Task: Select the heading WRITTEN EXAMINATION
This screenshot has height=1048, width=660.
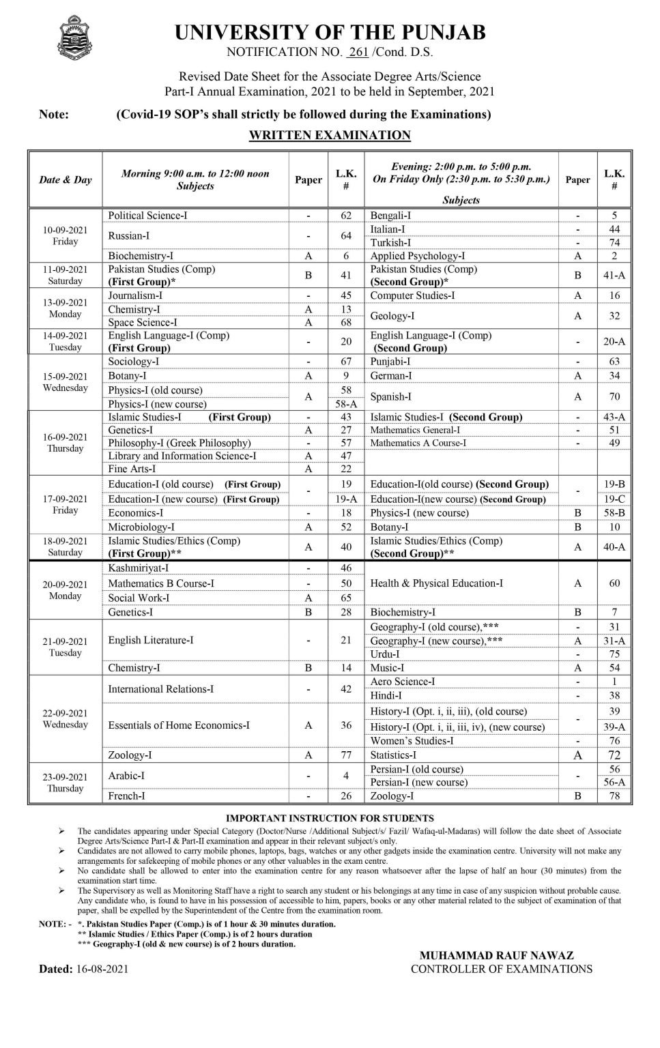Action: (x=330, y=135)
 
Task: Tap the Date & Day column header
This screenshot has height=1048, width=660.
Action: (x=66, y=180)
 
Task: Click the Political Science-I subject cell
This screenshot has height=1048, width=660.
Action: (x=147, y=216)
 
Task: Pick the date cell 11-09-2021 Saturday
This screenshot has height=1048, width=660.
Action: (x=66, y=275)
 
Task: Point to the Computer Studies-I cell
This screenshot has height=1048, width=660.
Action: (x=412, y=295)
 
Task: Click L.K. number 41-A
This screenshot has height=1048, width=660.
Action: (x=614, y=275)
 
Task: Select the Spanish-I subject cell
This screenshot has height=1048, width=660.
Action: (x=391, y=396)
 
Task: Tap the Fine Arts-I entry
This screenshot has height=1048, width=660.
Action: (x=132, y=469)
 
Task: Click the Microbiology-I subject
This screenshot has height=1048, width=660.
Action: (x=141, y=527)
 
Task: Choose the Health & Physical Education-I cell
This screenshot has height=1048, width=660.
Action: (x=437, y=583)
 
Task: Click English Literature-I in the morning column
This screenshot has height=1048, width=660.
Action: (x=151, y=640)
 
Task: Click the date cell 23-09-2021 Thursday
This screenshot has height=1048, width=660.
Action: (x=66, y=782)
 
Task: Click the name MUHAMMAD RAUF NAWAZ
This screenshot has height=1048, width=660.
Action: (x=496, y=955)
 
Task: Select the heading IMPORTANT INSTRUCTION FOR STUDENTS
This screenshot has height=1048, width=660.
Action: (x=330, y=818)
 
